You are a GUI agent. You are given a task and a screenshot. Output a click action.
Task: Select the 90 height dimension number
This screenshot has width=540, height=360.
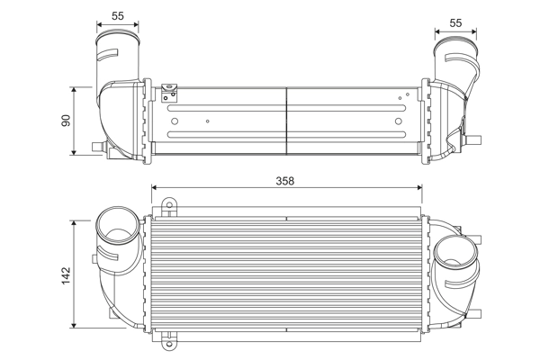tap(66, 120)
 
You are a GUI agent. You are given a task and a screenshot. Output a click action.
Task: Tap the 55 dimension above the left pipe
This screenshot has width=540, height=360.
tap(118, 16)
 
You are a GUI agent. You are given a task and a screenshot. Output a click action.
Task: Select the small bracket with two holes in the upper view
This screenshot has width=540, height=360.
tap(166, 91)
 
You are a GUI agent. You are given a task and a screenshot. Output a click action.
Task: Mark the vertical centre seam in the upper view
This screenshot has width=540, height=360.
tap(285, 117)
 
